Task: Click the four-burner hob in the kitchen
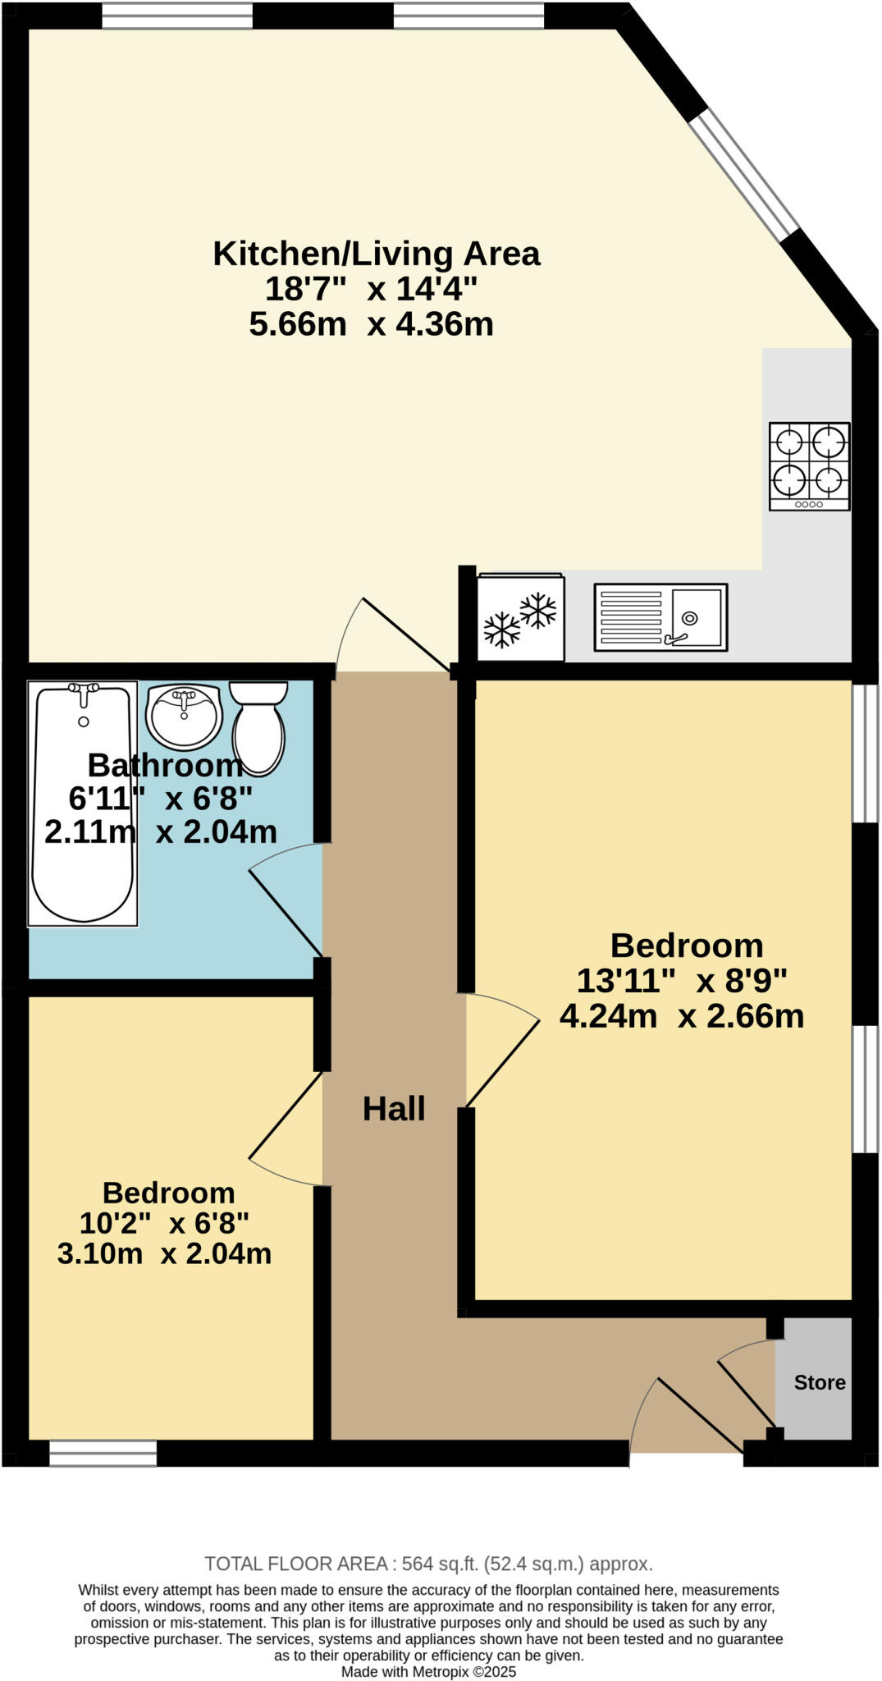click(809, 465)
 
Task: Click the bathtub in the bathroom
click(82, 804)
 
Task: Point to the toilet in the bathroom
click(258, 727)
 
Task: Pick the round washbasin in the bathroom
click(184, 717)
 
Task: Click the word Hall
click(394, 1109)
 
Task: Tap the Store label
click(819, 1383)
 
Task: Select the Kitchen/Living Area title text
click(377, 254)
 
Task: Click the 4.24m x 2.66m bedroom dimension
click(681, 1016)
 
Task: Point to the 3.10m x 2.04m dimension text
click(164, 1253)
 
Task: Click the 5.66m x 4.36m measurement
click(371, 324)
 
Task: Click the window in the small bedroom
click(103, 1453)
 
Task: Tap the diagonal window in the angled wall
click(743, 174)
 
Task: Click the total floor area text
click(428, 1564)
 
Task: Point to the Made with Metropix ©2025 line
click(428, 1671)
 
